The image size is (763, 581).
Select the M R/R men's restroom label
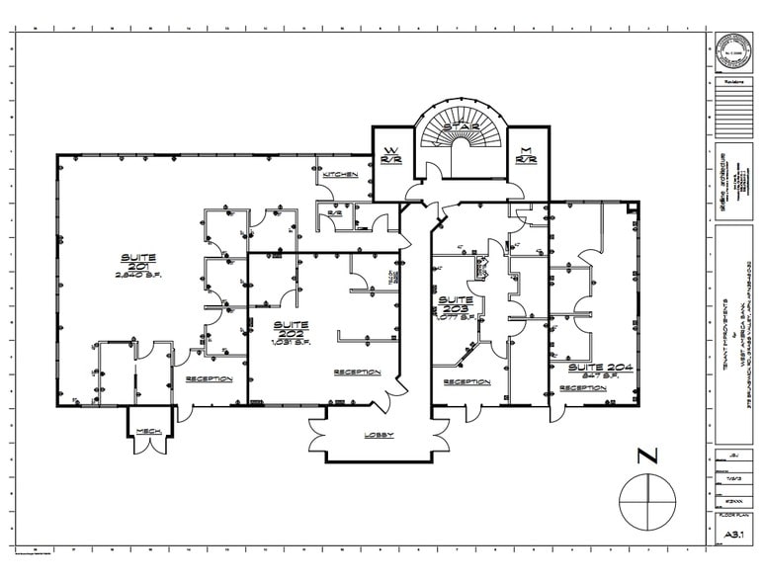pyautogui.click(x=526, y=154)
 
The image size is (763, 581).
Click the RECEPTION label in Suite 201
pyautogui.click(x=209, y=378)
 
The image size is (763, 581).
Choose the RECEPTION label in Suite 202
pyautogui.click(x=358, y=373)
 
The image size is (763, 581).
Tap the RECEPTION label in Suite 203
pyautogui.click(x=466, y=381)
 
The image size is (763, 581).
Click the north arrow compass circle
pyautogui.click(x=647, y=503)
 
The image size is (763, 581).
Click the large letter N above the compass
pyautogui.click(x=647, y=456)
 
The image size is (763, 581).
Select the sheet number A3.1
pyautogui.click(x=733, y=535)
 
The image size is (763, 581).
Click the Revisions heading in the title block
pyautogui.click(x=733, y=83)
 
